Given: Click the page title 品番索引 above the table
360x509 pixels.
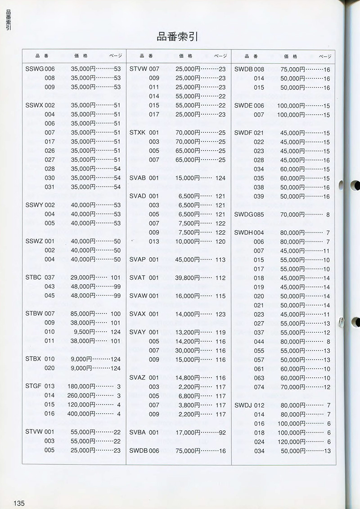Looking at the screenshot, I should (x=177, y=37).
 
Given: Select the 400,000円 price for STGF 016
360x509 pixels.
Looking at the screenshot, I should (x=85, y=414).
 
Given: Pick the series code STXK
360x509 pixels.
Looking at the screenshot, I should (x=137, y=133).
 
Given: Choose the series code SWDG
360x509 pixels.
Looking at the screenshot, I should (x=243, y=214).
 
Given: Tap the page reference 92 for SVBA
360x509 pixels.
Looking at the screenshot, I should (x=222, y=433).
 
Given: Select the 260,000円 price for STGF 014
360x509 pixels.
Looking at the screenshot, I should (x=85, y=396).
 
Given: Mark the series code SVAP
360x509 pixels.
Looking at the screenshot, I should (x=138, y=259).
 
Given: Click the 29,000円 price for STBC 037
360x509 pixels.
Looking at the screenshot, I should (x=83, y=277).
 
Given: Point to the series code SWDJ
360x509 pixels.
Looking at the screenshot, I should (x=243, y=405).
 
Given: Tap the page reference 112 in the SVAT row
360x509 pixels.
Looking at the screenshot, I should (x=220, y=278).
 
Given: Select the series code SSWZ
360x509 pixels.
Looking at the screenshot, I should (x=35, y=241).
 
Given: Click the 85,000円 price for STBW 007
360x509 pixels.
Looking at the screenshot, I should (x=83, y=314).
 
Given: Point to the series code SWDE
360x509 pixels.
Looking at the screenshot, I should (x=243, y=106).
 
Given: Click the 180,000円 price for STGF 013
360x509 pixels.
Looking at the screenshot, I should (x=85, y=387).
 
